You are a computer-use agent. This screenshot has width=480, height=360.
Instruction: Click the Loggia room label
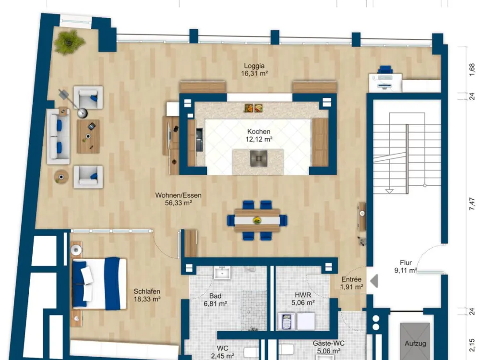[254, 70]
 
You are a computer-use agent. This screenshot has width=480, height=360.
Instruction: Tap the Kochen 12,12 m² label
[259, 135]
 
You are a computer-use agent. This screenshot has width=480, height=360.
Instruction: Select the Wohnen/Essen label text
[178, 195]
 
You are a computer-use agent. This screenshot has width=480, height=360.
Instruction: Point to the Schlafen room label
[147, 295]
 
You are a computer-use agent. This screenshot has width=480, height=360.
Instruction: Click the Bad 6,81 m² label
[215, 300]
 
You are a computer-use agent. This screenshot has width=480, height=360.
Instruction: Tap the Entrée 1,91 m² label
[351, 283]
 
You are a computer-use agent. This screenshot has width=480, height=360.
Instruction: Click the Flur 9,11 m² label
[406, 266]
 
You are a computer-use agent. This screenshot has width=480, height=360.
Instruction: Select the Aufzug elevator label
[415, 344]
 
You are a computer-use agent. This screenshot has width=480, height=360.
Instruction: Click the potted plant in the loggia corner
[69, 41]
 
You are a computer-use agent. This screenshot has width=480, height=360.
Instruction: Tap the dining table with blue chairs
[257, 220]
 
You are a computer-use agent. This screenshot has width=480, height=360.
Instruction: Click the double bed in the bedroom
[99, 283]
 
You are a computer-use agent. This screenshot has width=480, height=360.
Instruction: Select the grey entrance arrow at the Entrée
[374, 281]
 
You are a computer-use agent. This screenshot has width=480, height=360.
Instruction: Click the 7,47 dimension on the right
[472, 204]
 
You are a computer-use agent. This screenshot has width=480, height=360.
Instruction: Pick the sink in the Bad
[222, 273]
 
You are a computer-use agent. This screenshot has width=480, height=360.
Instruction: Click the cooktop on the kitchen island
[259, 158]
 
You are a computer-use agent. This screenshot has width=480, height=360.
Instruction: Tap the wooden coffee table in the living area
[88, 136]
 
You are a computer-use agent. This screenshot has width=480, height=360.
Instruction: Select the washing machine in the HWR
[287, 321]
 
